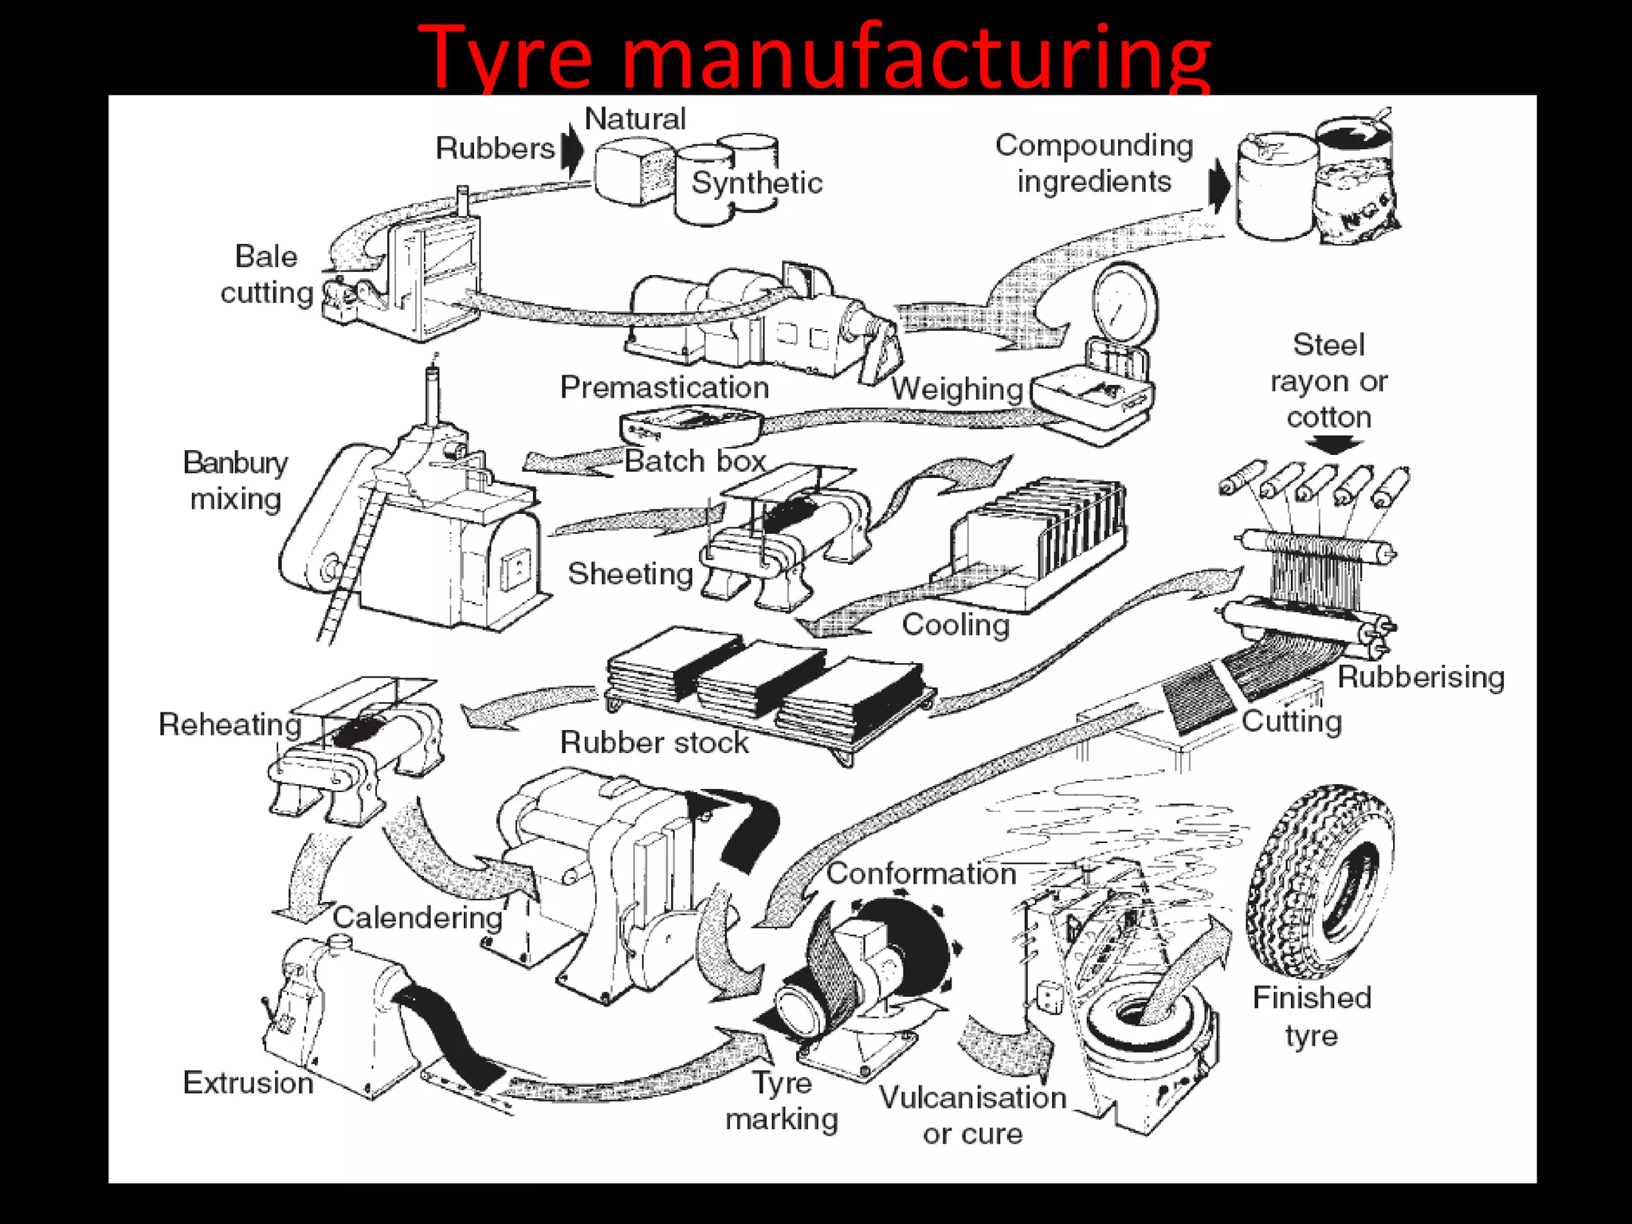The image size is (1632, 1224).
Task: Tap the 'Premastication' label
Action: pos(664,388)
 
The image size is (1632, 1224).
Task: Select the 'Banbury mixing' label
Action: pos(235,481)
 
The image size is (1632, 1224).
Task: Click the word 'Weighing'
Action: pos(956,390)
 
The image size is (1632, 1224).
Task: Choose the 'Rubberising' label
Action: pos(1420,677)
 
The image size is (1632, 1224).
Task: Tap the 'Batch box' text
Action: pos(694,461)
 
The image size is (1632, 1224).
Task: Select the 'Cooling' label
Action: pos(955,625)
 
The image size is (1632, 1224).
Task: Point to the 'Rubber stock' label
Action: pos(653,743)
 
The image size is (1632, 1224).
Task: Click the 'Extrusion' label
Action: pos(248,1083)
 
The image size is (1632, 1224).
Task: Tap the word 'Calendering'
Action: pos(417,918)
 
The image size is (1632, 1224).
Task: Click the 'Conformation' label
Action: pos(920,874)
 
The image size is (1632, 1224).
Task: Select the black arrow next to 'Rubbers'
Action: pos(571,151)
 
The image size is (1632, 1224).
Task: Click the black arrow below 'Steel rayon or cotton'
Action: pos(1328,444)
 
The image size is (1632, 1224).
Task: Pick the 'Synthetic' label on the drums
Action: pos(755,183)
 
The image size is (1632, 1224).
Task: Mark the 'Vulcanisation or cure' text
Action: pos(972,1116)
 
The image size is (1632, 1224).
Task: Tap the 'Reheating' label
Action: pos(229,725)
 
